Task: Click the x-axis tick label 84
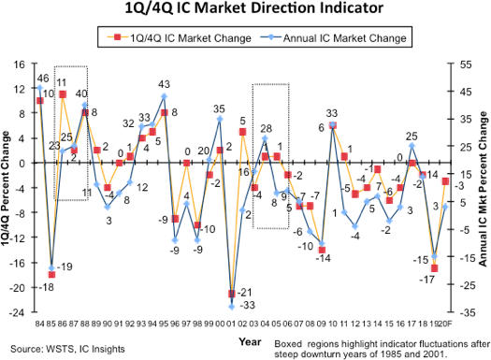click(39, 324)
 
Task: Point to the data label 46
click(42, 78)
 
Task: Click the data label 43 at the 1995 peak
click(164, 85)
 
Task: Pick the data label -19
click(66, 267)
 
